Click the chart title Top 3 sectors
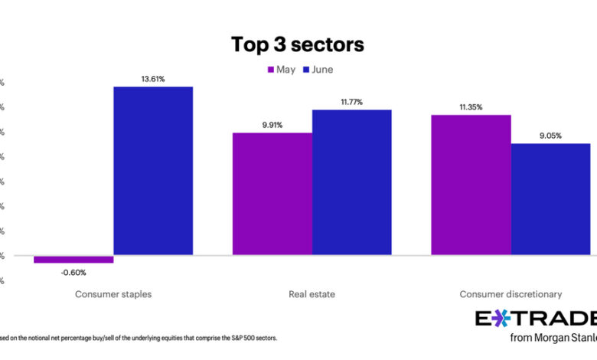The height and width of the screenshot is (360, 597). coord(298,44)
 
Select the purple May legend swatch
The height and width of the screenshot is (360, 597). coord(270,70)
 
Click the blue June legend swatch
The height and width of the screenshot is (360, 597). coord(305,70)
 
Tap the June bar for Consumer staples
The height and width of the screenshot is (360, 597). coord(153,170)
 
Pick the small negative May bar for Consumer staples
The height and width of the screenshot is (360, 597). coord(73,259)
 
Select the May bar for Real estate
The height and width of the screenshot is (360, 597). coord(272,193)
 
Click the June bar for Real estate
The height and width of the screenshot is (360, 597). coord(351,182)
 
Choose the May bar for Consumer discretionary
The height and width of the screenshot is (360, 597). coord(471,184)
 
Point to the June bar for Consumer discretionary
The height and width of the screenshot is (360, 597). coord(550,198)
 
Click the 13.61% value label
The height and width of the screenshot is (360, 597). coord(153,78)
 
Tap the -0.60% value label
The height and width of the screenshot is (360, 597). coord(73,272)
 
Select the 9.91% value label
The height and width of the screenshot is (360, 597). coord(272,124)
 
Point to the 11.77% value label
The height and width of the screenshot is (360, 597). coord(351,102)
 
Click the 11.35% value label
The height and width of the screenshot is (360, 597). coord(471,107)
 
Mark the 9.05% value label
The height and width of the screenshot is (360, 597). coord(550,136)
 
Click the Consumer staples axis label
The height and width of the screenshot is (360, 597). coord(113,294)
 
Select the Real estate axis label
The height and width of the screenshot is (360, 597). coord(312,294)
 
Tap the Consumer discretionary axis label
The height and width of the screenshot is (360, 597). coord(511,294)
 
